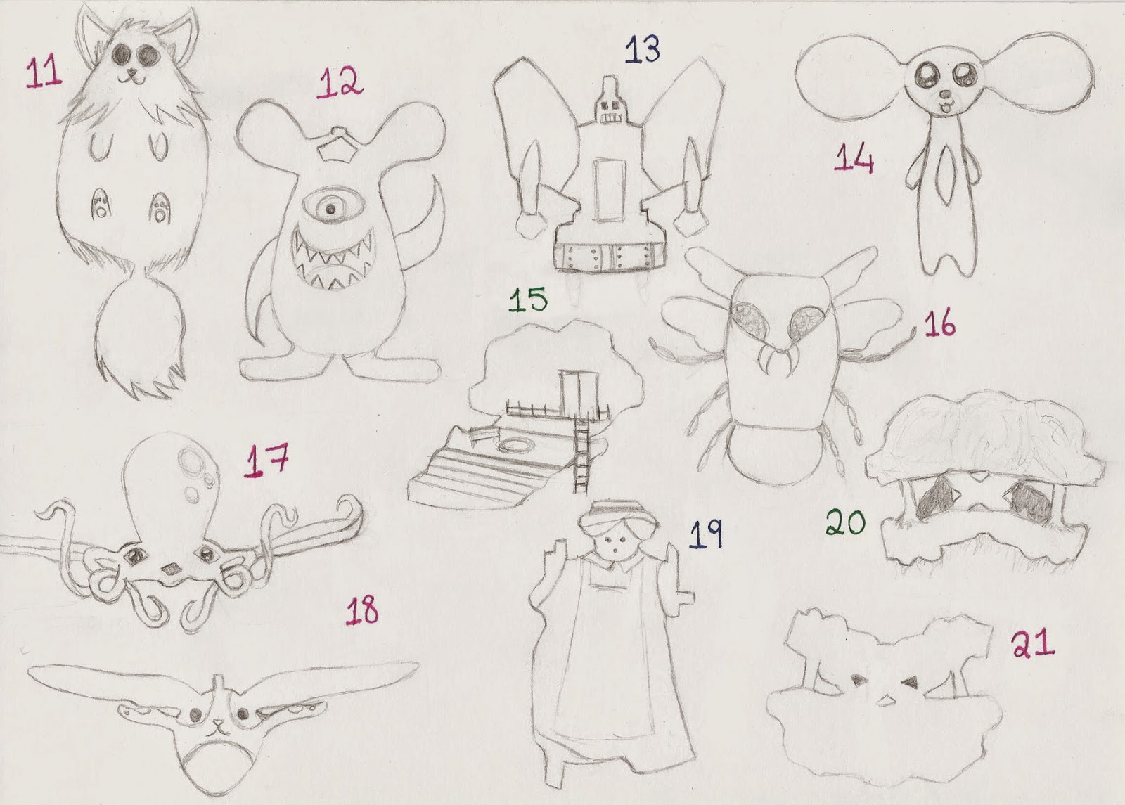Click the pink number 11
pyautogui.click(x=44, y=72)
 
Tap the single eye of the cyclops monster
pyautogui.click(x=330, y=209)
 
